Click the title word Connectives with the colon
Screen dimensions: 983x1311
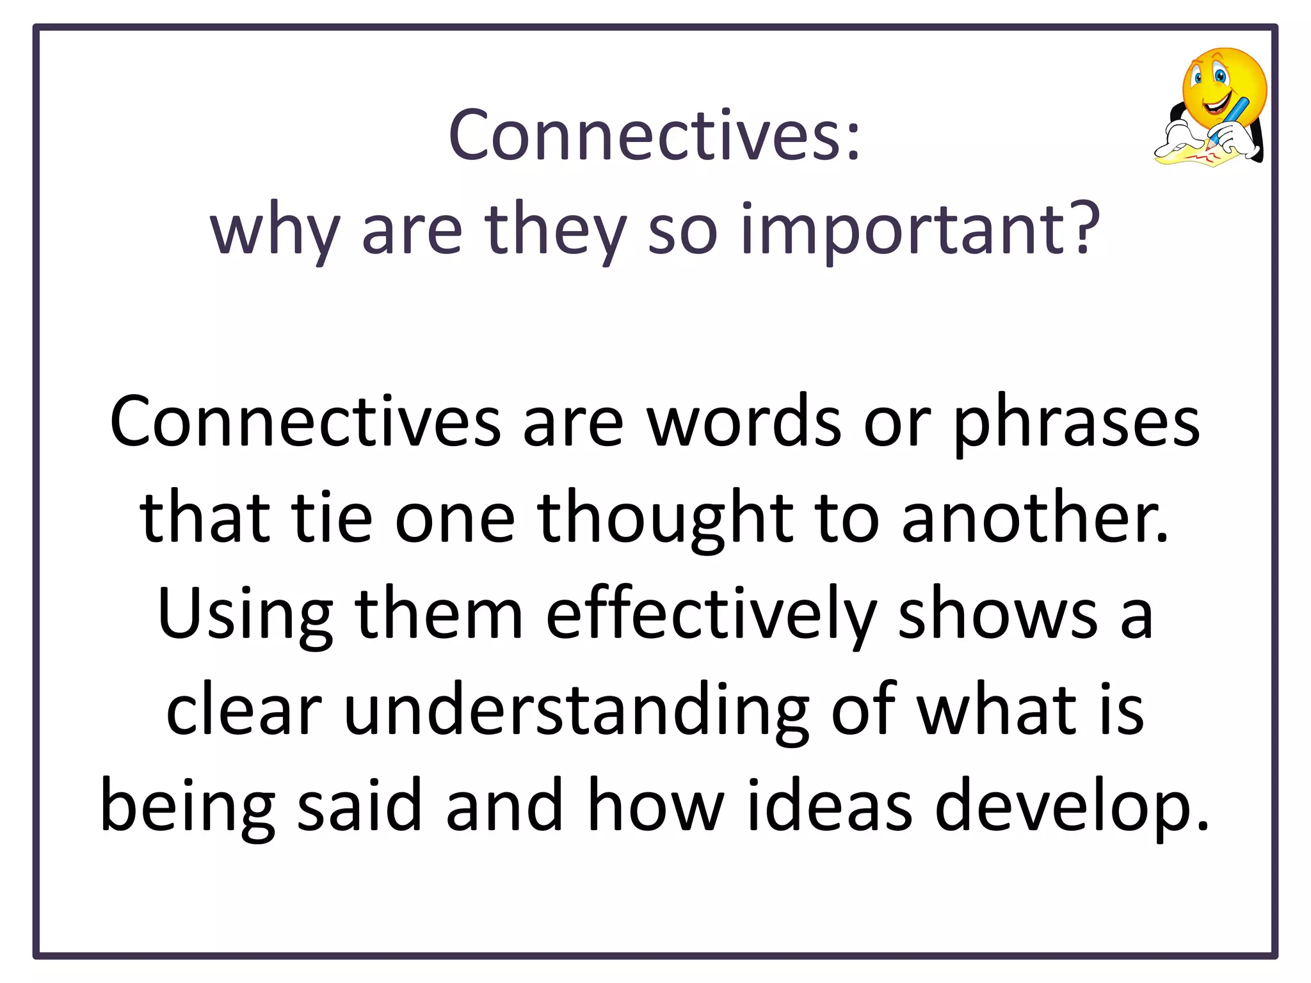pyautogui.click(x=654, y=136)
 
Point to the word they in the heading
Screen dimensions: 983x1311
pyautogui.click(x=555, y=230)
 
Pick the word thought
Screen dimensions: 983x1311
pyautogui.click(x=666, y=518)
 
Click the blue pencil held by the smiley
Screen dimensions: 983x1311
pyautogui.click(x=1233, y=115)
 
